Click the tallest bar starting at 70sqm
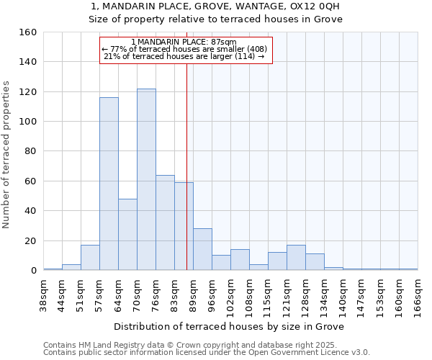coord(146,179)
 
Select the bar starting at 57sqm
coord(109,184)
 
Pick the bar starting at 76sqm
coord(165,222)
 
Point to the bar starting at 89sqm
coord(202,249)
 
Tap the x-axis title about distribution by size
coord(229,326)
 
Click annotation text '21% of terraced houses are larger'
coord(184,56)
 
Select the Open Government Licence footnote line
coord(207,353)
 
